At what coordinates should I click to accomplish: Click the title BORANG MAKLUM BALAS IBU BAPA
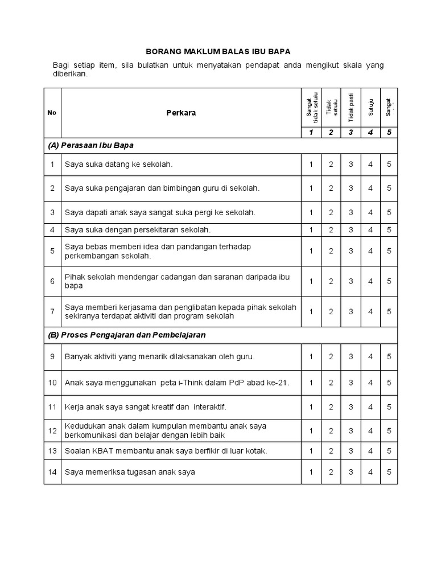tap(218, 51)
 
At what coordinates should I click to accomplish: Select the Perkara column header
tap(181, 113)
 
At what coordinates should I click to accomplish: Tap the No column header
tap(52, 113)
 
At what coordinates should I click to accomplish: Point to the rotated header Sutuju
tap(370, 108)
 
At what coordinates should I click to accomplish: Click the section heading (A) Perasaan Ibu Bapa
tap(91, 145)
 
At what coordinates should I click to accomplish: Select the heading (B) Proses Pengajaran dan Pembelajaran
tap(126, 335)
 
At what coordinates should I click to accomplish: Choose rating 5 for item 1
tap(389, 165)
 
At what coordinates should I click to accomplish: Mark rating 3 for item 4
tap(351, 230)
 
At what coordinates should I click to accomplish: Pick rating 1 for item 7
tap(311, 311)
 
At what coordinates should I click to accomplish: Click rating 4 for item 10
tap(370, 383)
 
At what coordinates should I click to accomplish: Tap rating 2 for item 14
tap(331, 472)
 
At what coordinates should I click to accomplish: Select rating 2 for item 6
tap(331, 281)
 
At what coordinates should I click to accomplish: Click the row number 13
tap(52, 451)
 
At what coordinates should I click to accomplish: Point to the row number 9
tap(52, 357)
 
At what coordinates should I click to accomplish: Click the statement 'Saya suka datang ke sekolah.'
tap(118, 165)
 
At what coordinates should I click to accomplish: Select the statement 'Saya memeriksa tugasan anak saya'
tap(130, 472)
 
